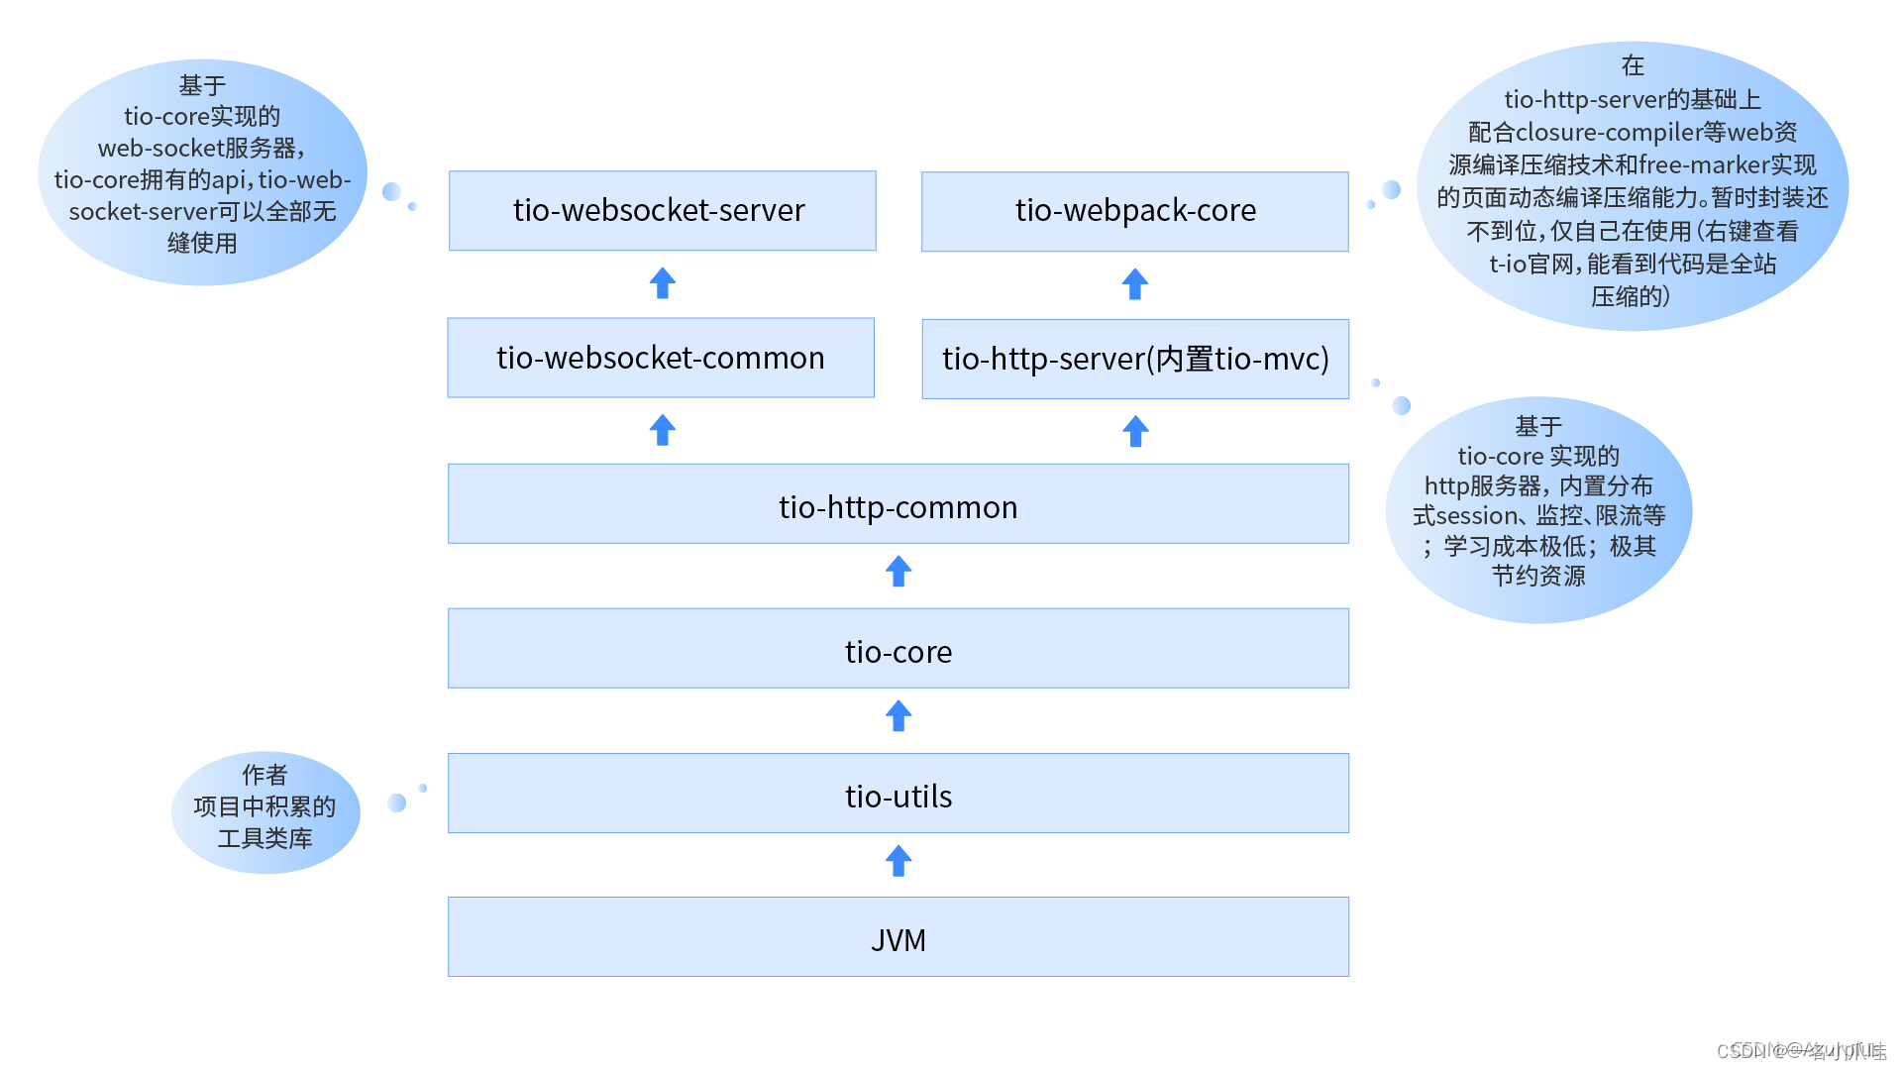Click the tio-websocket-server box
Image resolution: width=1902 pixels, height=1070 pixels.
[662, 210]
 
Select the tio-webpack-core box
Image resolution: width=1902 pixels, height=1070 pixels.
[1134, 211]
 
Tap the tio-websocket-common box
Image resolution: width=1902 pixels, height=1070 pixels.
[661, 358]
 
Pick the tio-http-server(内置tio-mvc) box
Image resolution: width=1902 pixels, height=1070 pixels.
[1135, 359]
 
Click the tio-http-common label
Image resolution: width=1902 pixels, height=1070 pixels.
[898, 507]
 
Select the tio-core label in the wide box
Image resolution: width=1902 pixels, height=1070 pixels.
[898, 652]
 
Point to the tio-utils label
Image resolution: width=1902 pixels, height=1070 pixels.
[898, 797]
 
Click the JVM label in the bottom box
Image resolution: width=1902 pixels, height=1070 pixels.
[898, 940]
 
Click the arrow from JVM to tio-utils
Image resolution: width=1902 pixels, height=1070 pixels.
[898, 861]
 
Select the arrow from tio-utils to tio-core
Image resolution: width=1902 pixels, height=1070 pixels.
[898, 716]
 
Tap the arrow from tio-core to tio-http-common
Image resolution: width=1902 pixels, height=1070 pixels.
[898, 572]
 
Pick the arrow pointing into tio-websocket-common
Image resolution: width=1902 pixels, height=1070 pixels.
[663, 431]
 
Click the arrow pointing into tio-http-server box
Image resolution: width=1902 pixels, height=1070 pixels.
[1135, 432]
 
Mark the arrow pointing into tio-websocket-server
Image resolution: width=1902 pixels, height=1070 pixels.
[663, 284]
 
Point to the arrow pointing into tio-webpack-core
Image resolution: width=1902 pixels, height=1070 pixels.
[1135, 285]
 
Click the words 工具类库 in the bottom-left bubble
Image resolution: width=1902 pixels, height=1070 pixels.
[264, 839]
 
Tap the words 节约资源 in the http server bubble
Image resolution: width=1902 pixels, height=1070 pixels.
[1538, 577]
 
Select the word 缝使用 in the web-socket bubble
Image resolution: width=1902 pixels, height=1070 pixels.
[202, 244]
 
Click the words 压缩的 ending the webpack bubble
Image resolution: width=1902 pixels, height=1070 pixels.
[1630, 296]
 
